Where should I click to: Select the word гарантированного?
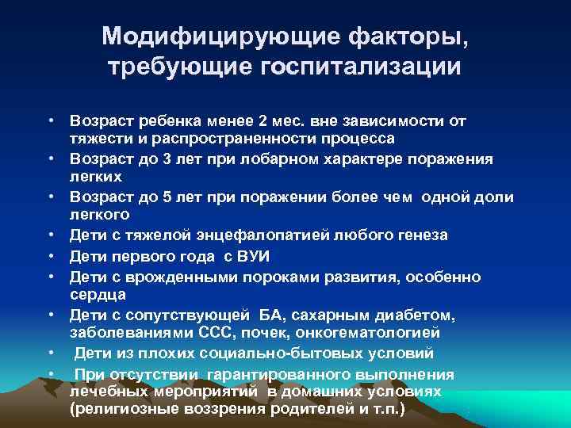click(x=284, y=374)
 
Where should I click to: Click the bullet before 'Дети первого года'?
click(x=49, y=255)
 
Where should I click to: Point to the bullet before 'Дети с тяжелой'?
click(x=49, y=235)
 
